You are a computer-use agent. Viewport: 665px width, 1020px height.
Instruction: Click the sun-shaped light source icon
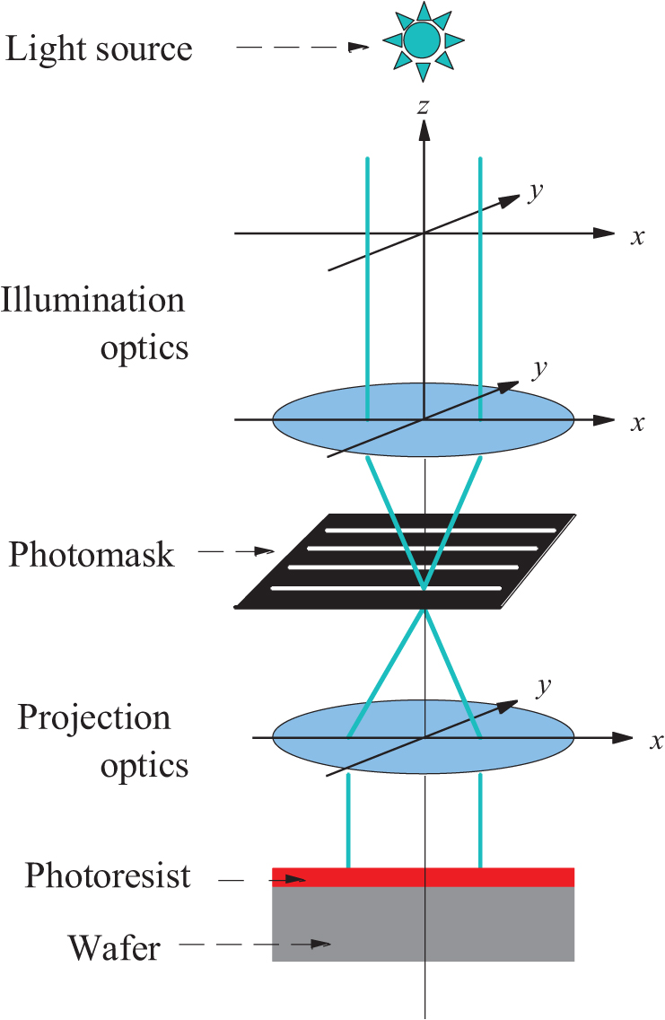tap(423, 40)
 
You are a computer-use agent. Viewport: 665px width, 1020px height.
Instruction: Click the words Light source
tap(99, 48)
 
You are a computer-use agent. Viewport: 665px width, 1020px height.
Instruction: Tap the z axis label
tap(424, 107)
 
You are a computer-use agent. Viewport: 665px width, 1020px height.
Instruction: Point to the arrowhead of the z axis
tap(424, 129)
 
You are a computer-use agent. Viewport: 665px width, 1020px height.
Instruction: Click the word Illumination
tap(93, 299)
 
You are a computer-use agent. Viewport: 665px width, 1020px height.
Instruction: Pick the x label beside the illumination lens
tap(637, 422)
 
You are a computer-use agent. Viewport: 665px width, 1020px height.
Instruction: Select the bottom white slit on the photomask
tap(386, 588)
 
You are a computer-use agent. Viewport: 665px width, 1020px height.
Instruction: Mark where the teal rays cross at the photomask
tap(424, 589)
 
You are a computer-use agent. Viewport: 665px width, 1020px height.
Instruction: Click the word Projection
tap(94, 717)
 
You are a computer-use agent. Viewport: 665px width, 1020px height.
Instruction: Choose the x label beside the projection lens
tap(656, 741)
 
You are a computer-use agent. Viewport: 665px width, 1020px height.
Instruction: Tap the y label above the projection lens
tap(542, 687)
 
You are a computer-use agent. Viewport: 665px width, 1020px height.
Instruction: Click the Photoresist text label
tap(108, 875)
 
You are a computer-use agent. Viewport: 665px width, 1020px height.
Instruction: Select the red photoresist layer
tap(423, 876)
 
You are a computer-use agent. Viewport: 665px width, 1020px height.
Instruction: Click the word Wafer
tap(114, 946)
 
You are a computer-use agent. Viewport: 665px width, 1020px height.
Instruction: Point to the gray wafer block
tap(423, 925)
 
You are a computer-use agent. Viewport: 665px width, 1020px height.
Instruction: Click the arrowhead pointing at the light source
tap(360, 48)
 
